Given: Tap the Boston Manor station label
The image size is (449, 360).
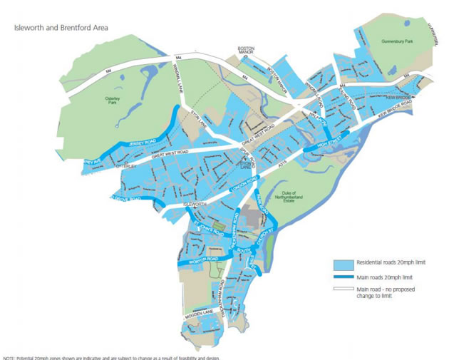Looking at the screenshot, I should [246, 51].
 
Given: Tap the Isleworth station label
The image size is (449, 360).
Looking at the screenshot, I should [195, 204].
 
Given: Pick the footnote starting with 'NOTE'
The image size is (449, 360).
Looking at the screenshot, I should [110, 357].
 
